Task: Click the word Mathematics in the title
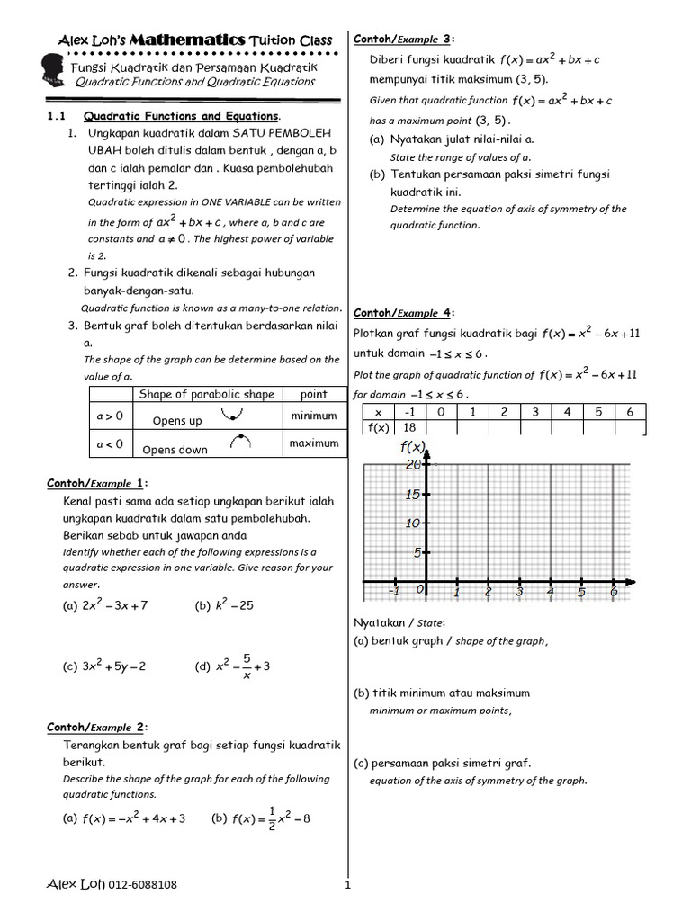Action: [x=187, y=40]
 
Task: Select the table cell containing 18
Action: [x=409, y=427]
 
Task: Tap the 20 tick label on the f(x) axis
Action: [x=413, y=465]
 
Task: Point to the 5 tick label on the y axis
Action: [x=417, y=553]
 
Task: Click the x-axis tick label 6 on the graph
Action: [x=613, y=594]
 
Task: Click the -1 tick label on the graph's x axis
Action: [x=393, y=593]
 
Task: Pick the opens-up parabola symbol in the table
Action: [x=236, y=416]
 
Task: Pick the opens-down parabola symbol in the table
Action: [x=240, y=442]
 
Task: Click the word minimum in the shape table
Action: [x=313, y=416]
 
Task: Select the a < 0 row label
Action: [x=109, y=444]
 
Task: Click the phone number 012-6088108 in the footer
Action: [x=143, y=884]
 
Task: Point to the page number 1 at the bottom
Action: [x=346, y=885]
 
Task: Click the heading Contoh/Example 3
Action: [x=404, y=40]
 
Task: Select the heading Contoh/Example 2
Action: [x=97, y=727]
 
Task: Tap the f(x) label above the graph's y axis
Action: [x=411, y=447]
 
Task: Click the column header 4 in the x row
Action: [x=567, y=412]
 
